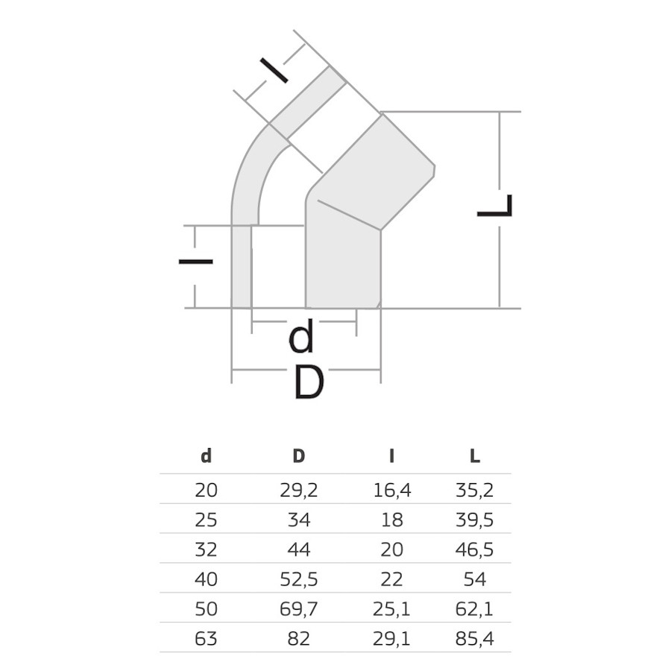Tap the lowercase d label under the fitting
coord(301,338)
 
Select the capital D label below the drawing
coord(308,383)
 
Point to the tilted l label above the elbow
coord(275,70)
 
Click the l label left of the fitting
coord(195,261)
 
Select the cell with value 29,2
coord(299,490)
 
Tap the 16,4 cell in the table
coord(391,490)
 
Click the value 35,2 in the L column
coord(474,490)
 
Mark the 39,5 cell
coord(474,520)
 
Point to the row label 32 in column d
coord(206,549)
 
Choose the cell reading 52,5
coord(299,579)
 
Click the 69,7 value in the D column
coord(299,609)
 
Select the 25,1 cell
coord(391,609)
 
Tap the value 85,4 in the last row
coord(474,639)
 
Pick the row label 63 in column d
coord(206,639)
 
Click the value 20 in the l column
coord(391,549)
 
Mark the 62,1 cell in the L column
coord(474,609)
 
